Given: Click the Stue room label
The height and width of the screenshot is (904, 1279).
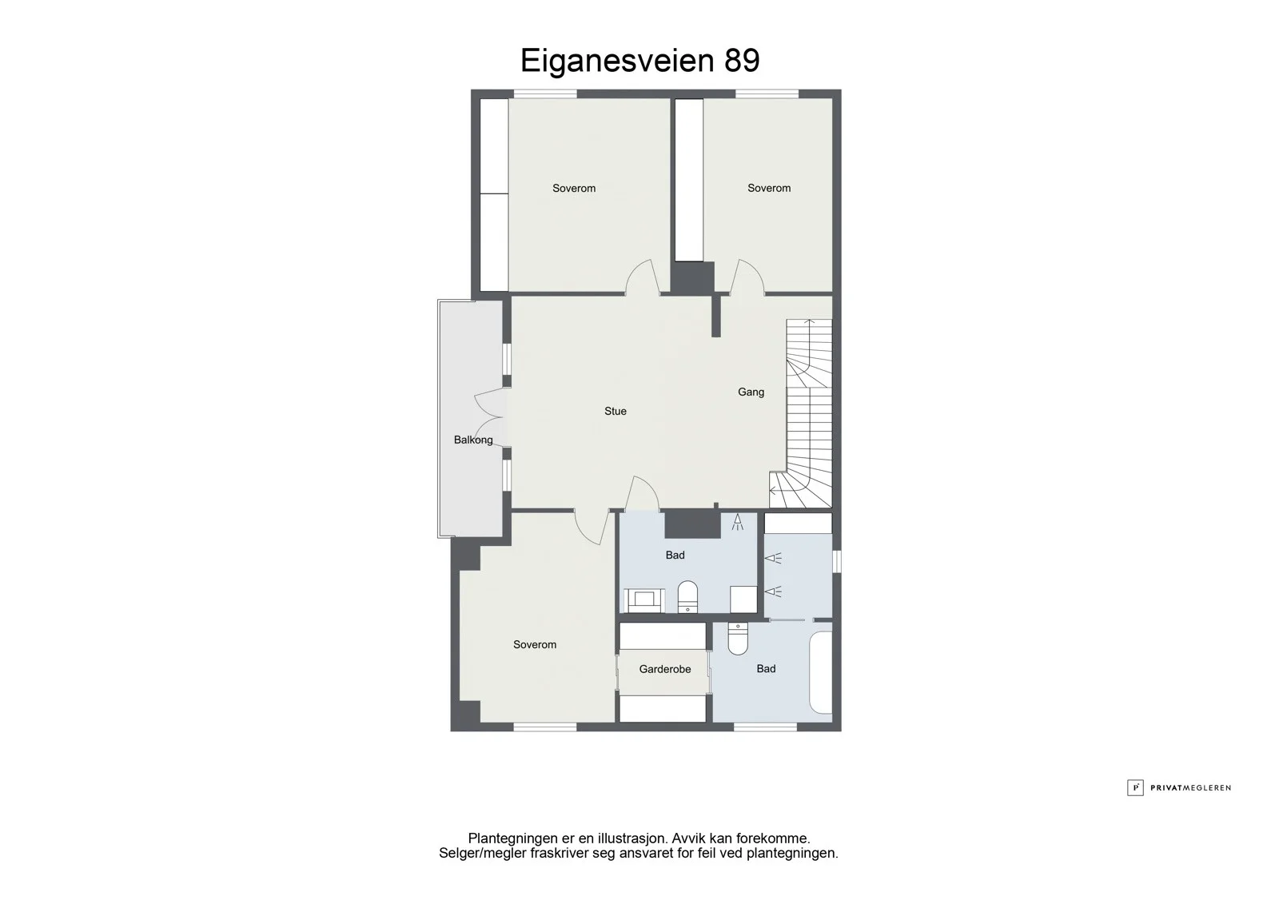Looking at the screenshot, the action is coord(615,411).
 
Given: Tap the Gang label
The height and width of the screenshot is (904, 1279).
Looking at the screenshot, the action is coord(751,392).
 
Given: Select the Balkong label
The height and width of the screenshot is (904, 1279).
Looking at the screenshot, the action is coord(472,440).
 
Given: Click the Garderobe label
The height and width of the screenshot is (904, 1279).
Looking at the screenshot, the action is coord(664,669).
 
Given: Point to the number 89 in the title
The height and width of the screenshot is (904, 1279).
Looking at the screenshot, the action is coord(742,61).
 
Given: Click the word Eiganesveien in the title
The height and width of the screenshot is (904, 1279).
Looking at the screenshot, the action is coord(616,62).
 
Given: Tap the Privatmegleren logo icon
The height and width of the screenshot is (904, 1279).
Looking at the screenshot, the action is coord(1134,787).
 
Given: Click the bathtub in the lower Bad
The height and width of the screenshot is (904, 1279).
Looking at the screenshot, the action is coord(820,672).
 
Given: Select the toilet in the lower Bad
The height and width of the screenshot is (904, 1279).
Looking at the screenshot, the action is coord(738,638).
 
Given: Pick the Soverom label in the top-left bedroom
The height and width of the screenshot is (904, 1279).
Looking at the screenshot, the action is coord(574,189).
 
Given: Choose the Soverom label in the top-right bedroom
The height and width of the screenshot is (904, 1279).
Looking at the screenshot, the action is coord(769,188).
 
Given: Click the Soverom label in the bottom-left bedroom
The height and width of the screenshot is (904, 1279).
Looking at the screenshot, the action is coord(535,645).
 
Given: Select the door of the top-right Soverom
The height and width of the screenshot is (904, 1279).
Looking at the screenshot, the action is coord(747,277).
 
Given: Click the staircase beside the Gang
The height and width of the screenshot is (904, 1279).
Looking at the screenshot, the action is coord(802,413).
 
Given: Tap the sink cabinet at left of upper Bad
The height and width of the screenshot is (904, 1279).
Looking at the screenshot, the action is coord(644,600).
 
